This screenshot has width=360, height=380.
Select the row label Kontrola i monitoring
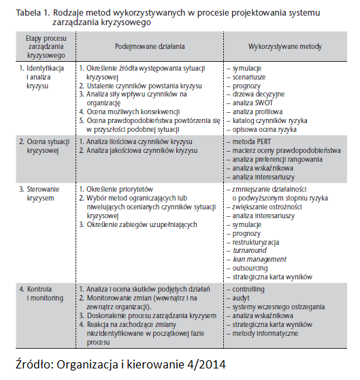click(38, 293)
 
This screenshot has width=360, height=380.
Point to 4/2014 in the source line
click(205, 362)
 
